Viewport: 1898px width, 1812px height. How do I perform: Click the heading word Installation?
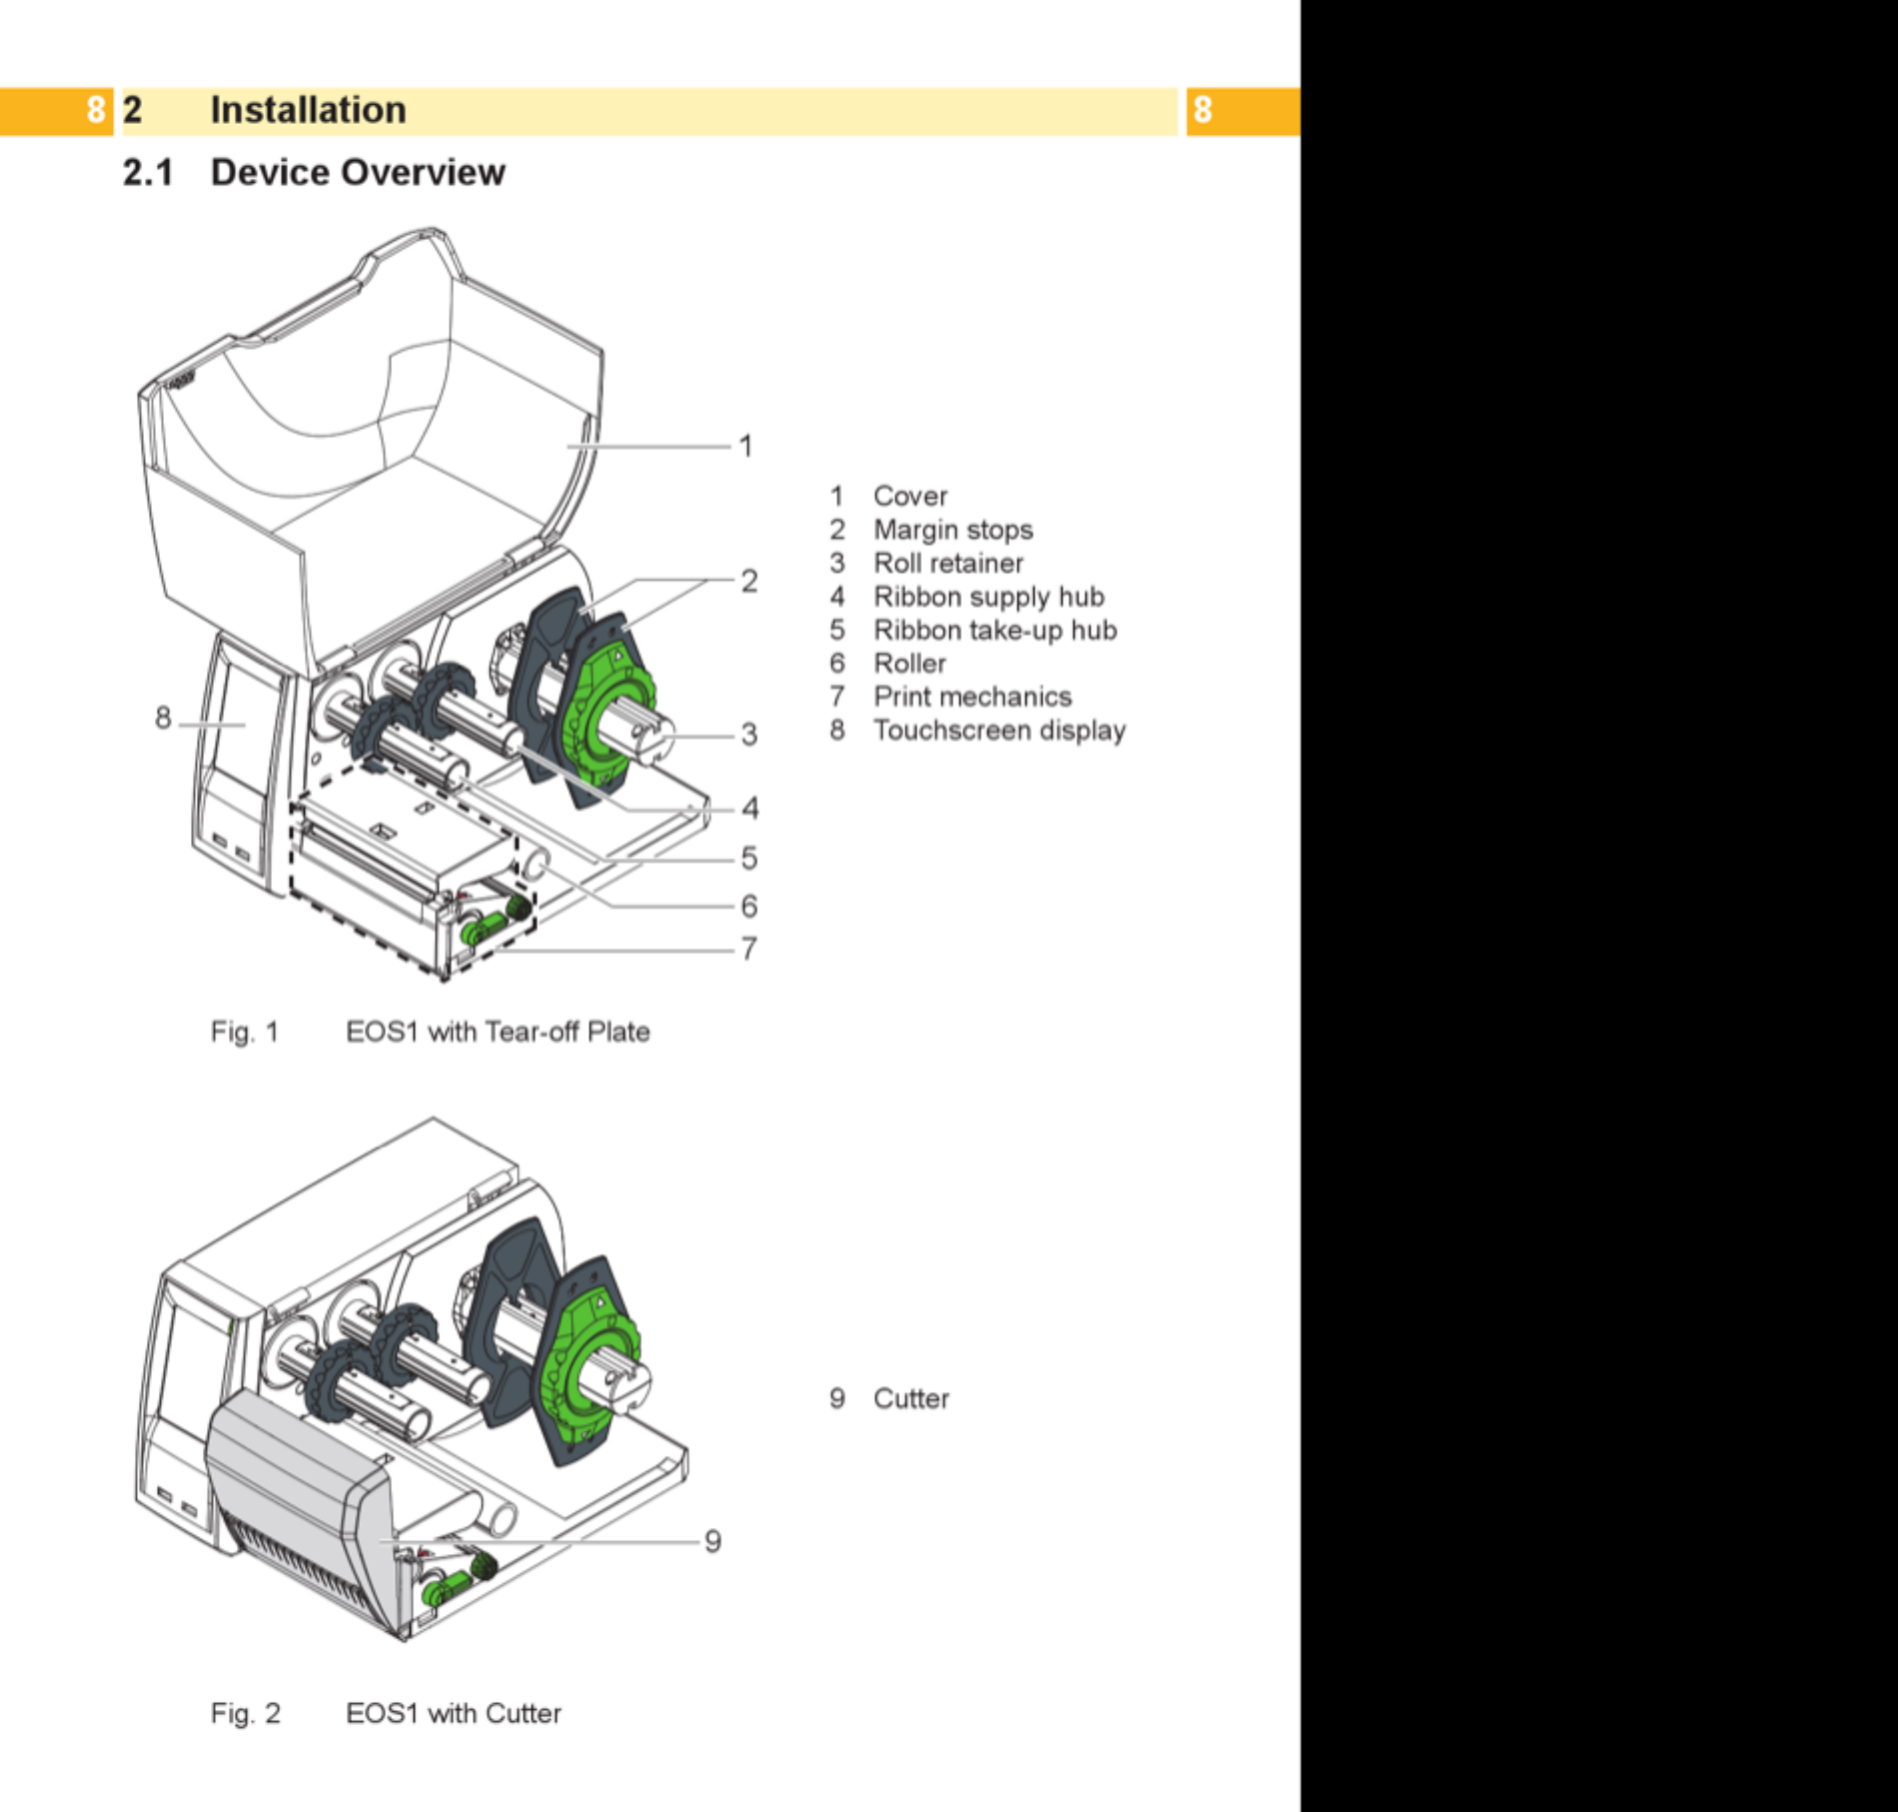(x=308, y=110)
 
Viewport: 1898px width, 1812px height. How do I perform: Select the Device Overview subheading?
(x=358, y=172)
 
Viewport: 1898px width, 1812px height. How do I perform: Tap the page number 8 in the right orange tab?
(x=1202, y=110)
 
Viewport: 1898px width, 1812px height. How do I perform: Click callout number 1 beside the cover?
(x=745, y=446)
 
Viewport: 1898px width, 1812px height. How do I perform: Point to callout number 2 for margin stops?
(x=749, y=580)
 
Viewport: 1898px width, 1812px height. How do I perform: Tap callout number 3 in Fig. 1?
(x=749, y=735)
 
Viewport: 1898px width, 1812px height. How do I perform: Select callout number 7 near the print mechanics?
(x=749, y=948)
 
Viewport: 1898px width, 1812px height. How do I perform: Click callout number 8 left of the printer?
(x=163, y=717)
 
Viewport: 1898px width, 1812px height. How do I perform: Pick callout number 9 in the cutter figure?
(x=712, y=1540)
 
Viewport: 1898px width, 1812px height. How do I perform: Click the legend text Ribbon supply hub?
(x=989, y=596)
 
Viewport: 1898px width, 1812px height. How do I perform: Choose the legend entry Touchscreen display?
(x=1000, y=730)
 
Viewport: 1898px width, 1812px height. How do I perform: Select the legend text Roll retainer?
(x=949, y=563)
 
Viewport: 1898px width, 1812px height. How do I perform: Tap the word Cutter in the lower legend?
(x=911, y=1398)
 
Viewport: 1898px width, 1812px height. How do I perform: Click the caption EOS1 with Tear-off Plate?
(x=497, y=1031)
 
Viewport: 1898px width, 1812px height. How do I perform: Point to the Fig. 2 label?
(x=246, y=1713)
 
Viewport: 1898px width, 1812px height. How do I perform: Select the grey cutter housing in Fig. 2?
(x=300, y=1498)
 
